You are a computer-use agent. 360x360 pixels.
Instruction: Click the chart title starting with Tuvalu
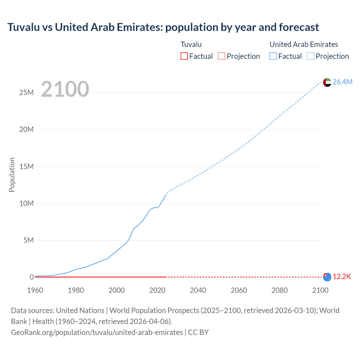click(163, 27)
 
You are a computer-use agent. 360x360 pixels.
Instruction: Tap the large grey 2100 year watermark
click(65, 89)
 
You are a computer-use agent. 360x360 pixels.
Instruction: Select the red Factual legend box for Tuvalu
click(184, 56)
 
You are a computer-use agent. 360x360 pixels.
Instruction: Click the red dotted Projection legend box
click(222, 56)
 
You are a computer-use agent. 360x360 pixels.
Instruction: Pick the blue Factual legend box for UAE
click(273, 56)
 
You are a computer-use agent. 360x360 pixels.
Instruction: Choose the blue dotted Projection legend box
click(311, 56)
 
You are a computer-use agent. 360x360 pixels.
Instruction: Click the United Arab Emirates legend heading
click(304, 44)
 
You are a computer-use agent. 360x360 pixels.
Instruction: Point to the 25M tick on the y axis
click(26, 93)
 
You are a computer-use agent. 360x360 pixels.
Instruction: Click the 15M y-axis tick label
click(26, 166)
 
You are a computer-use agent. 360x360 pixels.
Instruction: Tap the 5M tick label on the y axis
click(28, 240)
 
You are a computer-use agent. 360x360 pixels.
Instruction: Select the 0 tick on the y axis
click(31, 277)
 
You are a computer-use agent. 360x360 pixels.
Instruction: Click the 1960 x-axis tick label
click(35, 290)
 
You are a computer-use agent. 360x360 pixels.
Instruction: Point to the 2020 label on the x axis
click(157, 290)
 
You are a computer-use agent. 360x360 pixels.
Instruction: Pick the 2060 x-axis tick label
click(239, 290)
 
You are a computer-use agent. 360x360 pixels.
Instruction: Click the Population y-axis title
click(12, 175)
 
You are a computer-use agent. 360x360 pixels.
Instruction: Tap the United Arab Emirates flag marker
click(327, 82)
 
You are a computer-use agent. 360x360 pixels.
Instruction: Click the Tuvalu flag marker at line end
click(327, 277)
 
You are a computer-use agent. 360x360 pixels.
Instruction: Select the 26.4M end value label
click(342, 82)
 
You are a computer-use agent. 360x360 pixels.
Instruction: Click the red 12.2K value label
click(342, 277)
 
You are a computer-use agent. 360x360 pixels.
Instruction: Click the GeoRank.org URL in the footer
click(97, 332)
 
